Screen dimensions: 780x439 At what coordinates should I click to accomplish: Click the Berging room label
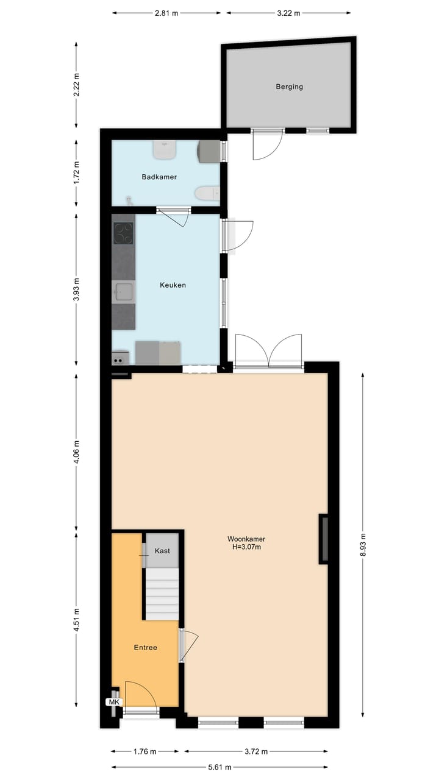[289, 87]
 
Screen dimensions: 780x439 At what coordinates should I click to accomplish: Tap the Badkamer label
[159, 177]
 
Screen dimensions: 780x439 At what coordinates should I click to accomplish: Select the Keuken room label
[173, 285]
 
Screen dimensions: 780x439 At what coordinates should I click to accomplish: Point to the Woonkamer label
[246, 539]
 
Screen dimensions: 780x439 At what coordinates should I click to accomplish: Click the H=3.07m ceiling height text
[246, 547]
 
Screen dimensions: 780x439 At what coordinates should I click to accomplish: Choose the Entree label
[145, 647]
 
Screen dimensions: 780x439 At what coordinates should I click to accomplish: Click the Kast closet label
[162, 550]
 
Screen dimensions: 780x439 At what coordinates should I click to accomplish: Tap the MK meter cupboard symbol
[114, 702]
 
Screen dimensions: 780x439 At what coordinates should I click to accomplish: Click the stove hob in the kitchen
[123, 233]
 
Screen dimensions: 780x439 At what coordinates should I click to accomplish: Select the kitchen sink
[124, 292]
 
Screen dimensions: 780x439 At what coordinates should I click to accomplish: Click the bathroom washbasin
[165, 149]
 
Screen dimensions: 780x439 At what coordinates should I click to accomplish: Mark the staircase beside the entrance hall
[162, 594]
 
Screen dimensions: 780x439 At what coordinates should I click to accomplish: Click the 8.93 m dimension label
[363, 540]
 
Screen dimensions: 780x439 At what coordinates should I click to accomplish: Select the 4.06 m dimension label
[76, 452]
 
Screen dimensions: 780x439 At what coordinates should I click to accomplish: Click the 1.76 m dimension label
[145, 751]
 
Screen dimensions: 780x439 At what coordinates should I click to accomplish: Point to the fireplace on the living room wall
[324, 539]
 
